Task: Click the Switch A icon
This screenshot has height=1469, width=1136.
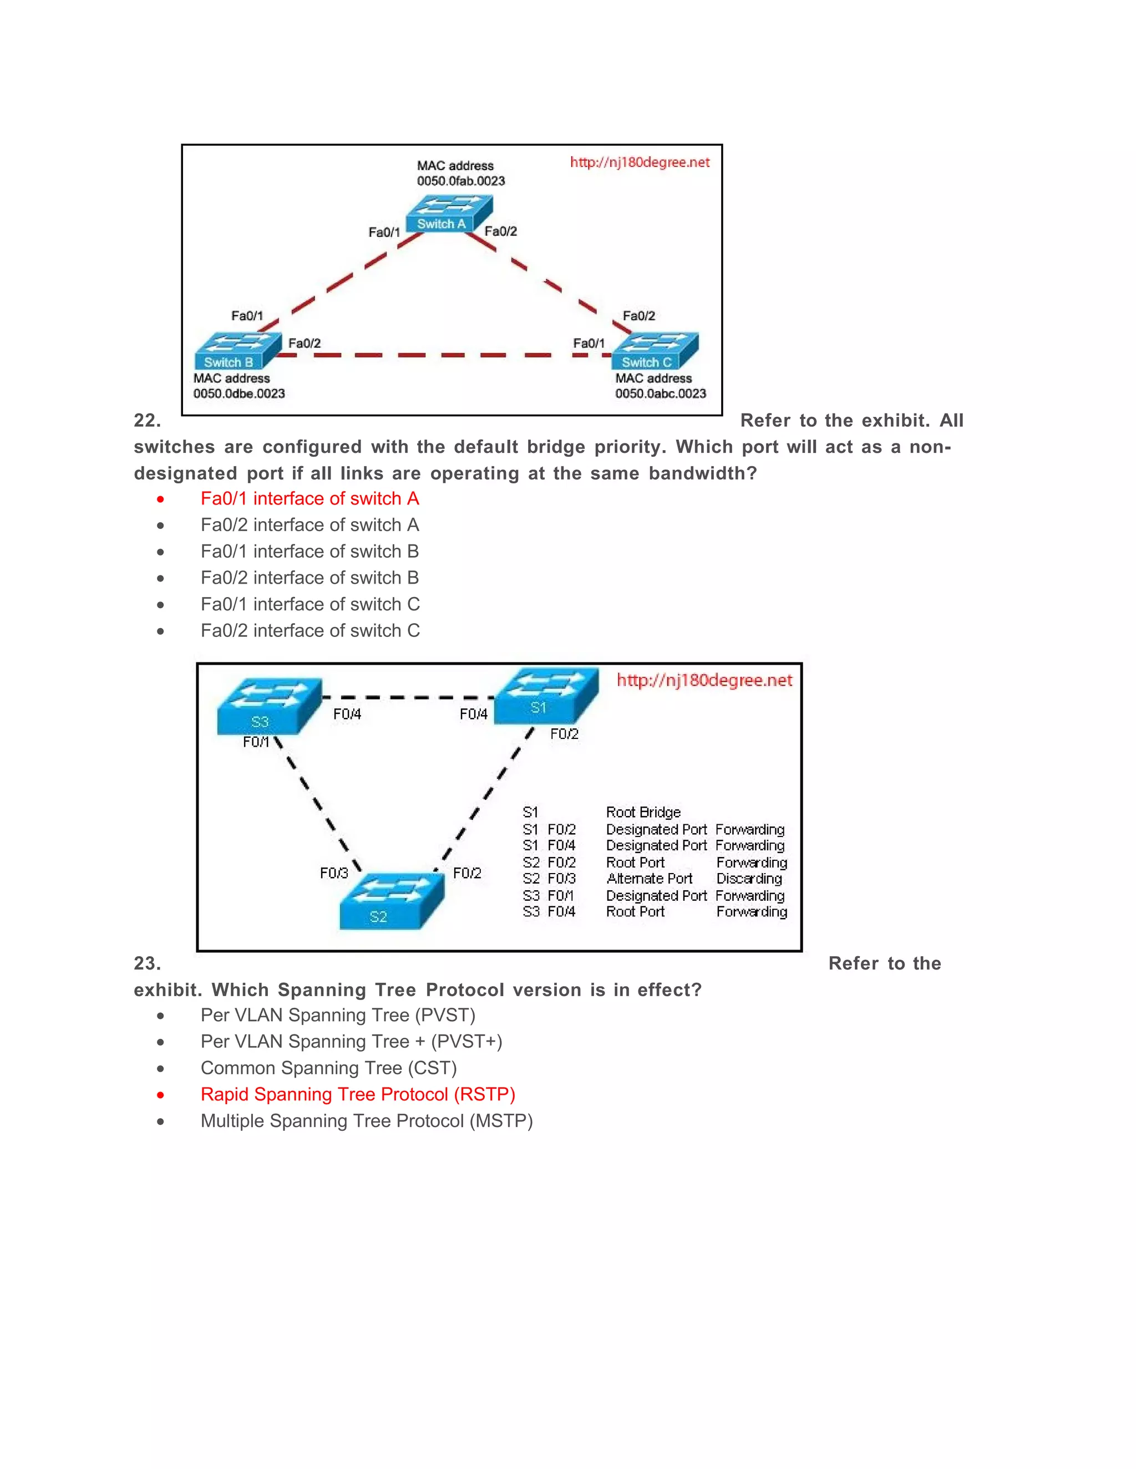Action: click(449, 213)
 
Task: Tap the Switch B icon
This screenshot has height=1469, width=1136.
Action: click(237, 350)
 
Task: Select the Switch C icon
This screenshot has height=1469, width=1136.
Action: click(655, 350)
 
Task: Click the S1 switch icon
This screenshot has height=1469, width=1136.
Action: click(546, 696)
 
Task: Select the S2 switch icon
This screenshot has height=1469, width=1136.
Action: click(391, 902)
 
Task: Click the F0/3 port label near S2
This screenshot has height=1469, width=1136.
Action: click(334, 873)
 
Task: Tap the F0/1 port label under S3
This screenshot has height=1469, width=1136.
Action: click(256, 742)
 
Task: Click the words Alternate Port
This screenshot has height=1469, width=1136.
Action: click(649, 879)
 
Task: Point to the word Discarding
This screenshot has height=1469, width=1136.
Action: click(749, 879)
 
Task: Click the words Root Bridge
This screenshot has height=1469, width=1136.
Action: click(643, 812)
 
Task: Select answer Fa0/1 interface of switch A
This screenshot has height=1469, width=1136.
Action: click(310, 498)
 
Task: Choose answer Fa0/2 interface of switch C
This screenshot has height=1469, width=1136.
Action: click(310, 630)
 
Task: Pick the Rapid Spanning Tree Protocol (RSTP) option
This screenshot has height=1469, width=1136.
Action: click(357, 1094)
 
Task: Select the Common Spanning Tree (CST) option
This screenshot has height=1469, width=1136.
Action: click(328, 1068)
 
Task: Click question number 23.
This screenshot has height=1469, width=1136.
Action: click(146, 963)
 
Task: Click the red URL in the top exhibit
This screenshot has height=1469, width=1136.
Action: click(640, 162)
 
